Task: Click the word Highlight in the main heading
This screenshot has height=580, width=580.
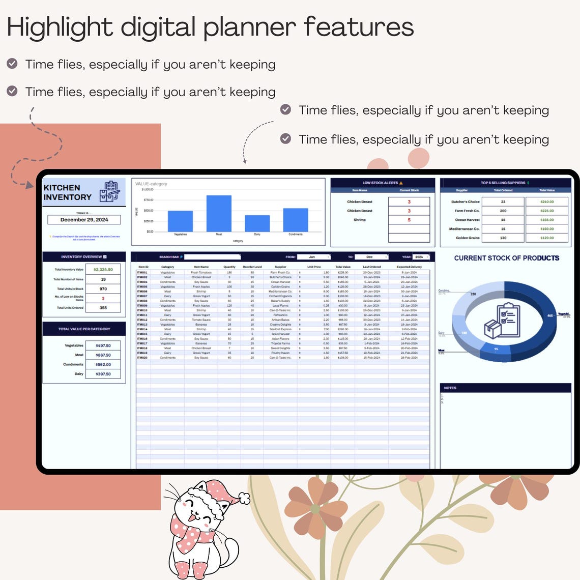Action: pyautogui.click(x=60, y=27)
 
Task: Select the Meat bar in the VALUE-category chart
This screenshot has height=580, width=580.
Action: pyautogui.click(x=219, y=213)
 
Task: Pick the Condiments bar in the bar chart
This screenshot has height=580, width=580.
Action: pyautogui.click(x=296, y=220)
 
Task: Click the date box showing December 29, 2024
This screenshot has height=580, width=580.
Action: pyautogui.click(x=84, y=220)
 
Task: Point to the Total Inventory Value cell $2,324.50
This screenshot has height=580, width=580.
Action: pyautogui.click(x=103, y=270)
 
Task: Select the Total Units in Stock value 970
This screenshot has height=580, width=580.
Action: pyautogui.click(x=103, y=288)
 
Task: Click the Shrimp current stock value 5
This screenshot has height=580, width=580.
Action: pyautogui.click(x=409, y=220)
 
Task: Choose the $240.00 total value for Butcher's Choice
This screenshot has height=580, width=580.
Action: pyautogui.click(x=547, y=201)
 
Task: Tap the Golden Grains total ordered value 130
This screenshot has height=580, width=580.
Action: pyautogui.click(x=503, y=238)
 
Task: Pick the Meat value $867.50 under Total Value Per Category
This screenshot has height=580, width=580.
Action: pyautogui.click(x=103, y=355)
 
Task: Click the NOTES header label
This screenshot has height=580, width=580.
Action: pyautogui.click(x=450, y=388)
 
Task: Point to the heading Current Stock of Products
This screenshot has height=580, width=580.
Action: pyautogui.click(x=506, y=258)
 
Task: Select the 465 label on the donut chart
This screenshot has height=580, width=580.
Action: pyautogui.click(x=549, y=315)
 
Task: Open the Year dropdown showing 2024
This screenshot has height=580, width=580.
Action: pyautogui.click(x=421, y=257)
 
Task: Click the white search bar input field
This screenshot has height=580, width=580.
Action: pyautogui.click(x=212, y=257)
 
